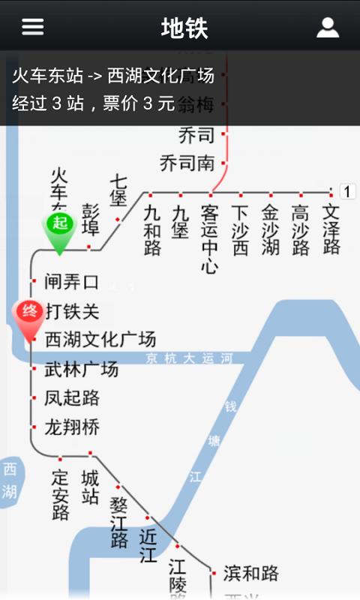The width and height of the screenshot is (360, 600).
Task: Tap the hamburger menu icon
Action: [32, 27]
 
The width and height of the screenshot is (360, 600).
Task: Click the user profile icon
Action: [328, 28]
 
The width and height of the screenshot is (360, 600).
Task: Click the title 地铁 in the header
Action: [184, 28]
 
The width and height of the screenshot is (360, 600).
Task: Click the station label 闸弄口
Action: [72, 282]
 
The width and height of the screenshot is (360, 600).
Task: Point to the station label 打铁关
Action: [72, 310]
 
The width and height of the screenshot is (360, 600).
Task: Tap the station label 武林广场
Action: [82, 369]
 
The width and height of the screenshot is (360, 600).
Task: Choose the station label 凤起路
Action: [72, 397]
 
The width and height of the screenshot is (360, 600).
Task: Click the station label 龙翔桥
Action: [72, 427]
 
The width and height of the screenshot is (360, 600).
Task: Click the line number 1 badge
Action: [348, 191]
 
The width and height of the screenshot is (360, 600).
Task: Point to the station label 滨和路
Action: [250, 574]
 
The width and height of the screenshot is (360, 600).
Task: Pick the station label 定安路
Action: [61, 495]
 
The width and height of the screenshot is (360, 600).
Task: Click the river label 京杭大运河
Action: [190, 358]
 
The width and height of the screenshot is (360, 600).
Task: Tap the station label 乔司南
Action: [187, 163]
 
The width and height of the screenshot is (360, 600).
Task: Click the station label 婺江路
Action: [119, 522]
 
